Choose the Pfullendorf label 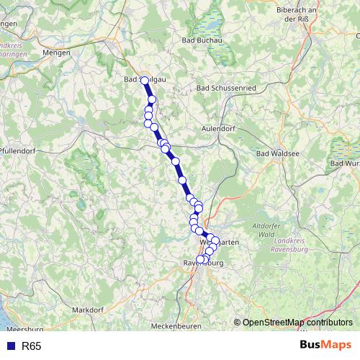(18, 150)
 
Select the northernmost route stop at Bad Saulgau (144, 81)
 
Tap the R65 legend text (32, 346)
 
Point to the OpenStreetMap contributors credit (297, 323)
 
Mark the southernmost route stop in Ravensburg (201, 260)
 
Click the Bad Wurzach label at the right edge (344, 163)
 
